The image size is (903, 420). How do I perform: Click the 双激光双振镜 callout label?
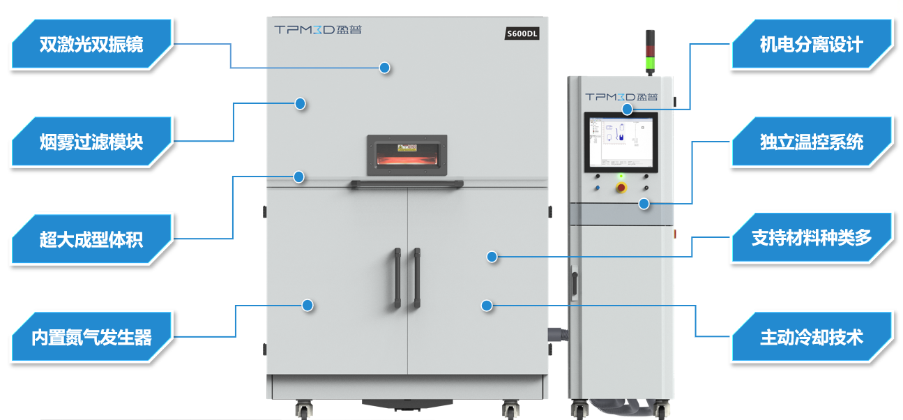(x=91, y=45)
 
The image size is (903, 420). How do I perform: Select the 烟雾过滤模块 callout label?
(x=91, y=142)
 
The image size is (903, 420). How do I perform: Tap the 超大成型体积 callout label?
(x=91, y=240)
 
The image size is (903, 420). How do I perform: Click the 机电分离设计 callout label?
(x=811, y=45)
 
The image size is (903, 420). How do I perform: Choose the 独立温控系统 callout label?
(x=811, y=142)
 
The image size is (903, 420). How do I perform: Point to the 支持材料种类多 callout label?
(x=811, y=237)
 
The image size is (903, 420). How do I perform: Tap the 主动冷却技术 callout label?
(x=811, y=338)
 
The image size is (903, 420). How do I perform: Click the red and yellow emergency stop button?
(x=621, y=187)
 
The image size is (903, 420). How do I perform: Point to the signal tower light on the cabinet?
(x=650, y=52)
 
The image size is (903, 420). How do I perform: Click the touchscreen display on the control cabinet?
(x=621, y=141)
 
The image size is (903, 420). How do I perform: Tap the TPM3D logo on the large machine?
(x=318, y=30)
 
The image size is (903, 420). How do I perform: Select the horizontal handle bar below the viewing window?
(x=406, y=184)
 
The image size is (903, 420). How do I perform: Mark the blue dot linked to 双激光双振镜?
(x=384, y=68)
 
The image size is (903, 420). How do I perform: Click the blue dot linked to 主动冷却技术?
(x=487, y=305)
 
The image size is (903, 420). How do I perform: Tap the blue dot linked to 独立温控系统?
(x=644, y=204)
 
